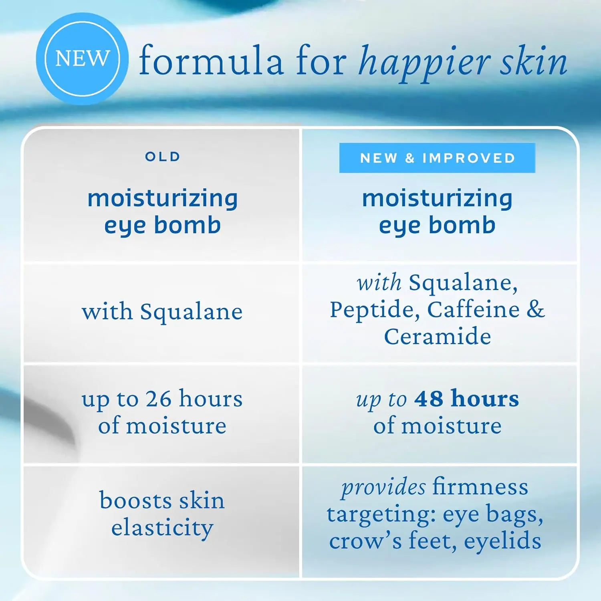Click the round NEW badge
point(82,59)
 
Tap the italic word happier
point(425,63)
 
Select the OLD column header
point(163,157)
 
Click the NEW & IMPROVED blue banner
point(437,158)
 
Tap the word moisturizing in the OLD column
point(163,199)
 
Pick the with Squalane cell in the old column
point(162,312)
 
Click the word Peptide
point(375,310)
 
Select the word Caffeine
point(473,309)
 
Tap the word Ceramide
point(438,336)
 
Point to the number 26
point(158,399)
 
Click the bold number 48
point(429,399)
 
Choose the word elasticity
point(162,528)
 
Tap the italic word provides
point(383,488)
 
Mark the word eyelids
point(502,541)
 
